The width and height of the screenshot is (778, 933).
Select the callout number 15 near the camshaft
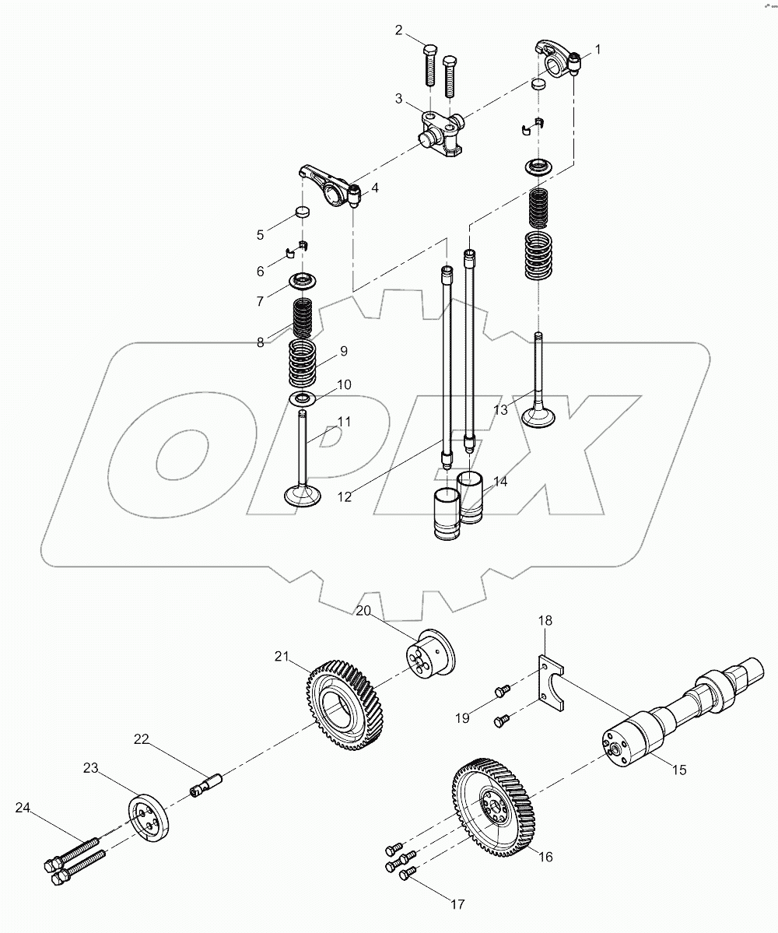pos(680,770)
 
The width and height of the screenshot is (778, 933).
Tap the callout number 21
pos(281,658)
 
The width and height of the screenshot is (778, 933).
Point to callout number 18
pos(545,621)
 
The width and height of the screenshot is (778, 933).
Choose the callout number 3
pos(398,98)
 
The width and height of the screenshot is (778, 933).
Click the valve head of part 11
pos(303,495)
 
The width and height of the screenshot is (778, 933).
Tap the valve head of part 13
pos(538,416)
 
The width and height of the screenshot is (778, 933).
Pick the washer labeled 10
pos(304,398)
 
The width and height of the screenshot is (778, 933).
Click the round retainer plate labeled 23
pos(148,817)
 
